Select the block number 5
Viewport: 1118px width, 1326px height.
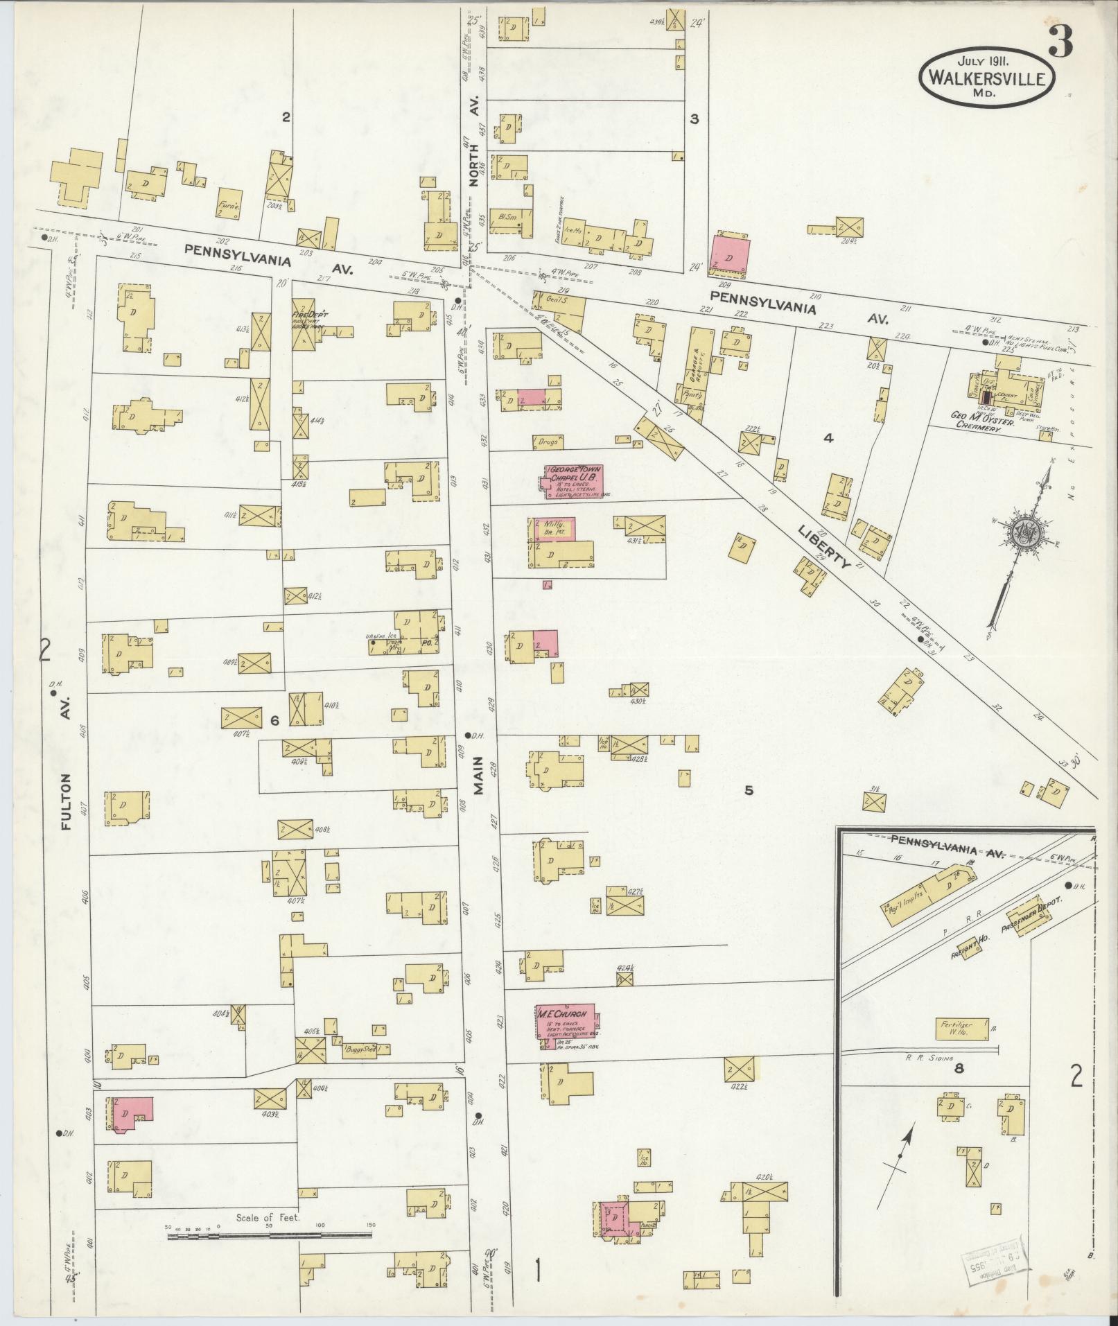(x=749, y=790)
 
